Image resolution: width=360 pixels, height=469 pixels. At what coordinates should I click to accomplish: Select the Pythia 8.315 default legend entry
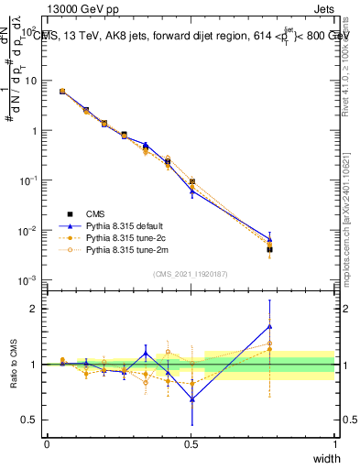tap(122, 224)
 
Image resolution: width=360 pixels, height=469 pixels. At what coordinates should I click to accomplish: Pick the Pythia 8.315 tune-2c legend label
tap(122, 236)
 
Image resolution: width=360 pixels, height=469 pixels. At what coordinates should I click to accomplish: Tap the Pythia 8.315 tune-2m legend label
tap(123, 248)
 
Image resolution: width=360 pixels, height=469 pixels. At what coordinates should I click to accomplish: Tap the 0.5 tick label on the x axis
tap(191, 443)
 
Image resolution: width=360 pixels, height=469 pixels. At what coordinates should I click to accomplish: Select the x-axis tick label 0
tap(47, 443)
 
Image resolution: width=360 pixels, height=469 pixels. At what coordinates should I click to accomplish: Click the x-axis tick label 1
tap(334, 443)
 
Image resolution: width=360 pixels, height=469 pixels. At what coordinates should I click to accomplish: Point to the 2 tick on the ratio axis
tap(37, 309)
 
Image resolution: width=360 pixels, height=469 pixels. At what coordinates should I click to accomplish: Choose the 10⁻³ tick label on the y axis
tap(30, 279)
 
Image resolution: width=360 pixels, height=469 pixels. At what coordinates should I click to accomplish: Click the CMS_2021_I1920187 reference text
tap(191, 274)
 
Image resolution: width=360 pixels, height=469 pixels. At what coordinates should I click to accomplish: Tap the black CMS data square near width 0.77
tap(269, 249)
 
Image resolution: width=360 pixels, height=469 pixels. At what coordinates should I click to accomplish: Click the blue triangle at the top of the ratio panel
tap(269, 326)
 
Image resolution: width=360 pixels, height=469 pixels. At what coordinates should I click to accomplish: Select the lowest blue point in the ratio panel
tap(191, 398)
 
